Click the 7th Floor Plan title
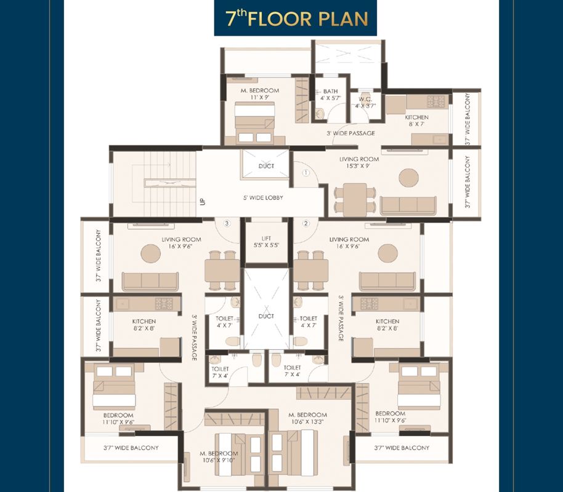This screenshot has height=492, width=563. pos(296,18)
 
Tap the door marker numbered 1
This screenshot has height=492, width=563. pos(306,173)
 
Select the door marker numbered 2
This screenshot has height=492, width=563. pos(306,223)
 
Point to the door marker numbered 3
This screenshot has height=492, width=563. pos(227,223)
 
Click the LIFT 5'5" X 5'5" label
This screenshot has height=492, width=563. pos(267,242)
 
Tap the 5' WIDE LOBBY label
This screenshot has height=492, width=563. pos(263,197)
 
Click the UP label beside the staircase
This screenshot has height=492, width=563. pos(203,202)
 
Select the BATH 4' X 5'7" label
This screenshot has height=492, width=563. pos(330,95)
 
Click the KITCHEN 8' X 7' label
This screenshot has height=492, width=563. pos(416,121)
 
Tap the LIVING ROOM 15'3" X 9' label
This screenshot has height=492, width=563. pos(359,162)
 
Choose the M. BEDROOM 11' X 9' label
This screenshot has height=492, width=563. pos(259,93)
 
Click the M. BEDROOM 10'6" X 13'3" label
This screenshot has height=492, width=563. pos(307,418)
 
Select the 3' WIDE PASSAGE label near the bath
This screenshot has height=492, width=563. pos(351,133)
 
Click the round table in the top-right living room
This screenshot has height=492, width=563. pos(409,178)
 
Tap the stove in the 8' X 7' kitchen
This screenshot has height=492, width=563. pos(435,101)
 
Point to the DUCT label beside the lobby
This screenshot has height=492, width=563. pos(266,166)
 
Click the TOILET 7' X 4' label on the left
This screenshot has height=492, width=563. pos(220,372)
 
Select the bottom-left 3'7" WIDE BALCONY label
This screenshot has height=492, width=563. pos(131,448)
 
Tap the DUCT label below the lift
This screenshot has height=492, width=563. pos(266,316)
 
